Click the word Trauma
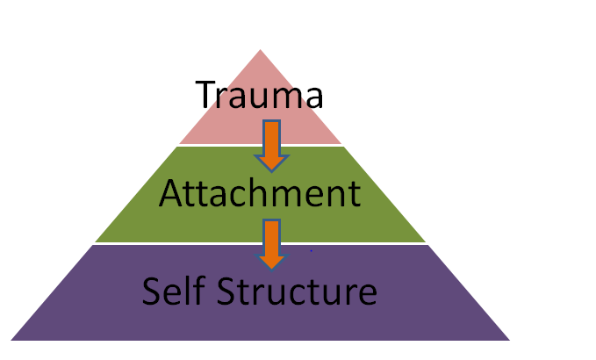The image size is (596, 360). (x=260, y=95)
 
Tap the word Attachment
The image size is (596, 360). (x=260, y=194)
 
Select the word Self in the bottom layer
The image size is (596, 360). (x=173, y=290)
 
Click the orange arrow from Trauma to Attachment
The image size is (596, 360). (x=271, y=144)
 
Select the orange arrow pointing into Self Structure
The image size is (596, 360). (x=271, y=243)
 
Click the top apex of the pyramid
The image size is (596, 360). (x=261, y=49)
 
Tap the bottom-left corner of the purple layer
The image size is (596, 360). (x=11, y=340)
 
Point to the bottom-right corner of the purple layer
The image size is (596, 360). (x=510, y=340)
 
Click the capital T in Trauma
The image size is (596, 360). (x=205, y=95)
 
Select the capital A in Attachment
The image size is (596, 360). (x=171, y=194)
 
